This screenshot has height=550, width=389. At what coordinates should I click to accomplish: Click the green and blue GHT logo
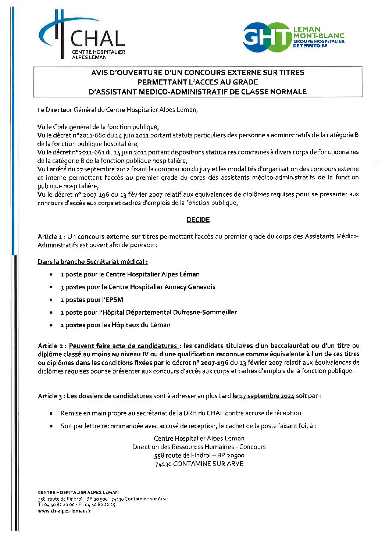click(x=267, y=37)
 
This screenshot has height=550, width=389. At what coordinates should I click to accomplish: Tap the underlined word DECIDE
click(x=198, y=219)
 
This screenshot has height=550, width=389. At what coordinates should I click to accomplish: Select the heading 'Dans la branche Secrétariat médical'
click(x=93, y=262)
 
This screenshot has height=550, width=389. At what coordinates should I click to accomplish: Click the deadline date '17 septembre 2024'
click(x=263, y=396)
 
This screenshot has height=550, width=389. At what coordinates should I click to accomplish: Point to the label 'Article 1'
click(x=47, y=236)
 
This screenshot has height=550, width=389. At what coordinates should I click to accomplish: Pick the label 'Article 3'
click(x=48, y=396)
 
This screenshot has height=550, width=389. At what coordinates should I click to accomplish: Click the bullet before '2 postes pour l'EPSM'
click(x=51, y=300)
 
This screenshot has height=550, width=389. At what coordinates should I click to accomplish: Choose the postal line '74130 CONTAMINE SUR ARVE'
click(x=199, y=464)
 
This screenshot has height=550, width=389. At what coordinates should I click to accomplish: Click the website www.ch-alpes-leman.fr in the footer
click(x=64, y=511)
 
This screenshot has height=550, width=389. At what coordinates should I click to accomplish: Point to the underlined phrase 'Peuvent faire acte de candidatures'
click(x=123, y=346)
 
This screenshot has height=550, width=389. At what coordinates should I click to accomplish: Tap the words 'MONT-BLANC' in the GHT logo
click(x=319, y=36)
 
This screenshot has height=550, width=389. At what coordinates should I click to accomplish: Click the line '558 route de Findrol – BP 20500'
click(x=199, y=456)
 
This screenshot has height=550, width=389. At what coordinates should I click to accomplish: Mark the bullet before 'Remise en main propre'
click(x=51, y=413)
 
